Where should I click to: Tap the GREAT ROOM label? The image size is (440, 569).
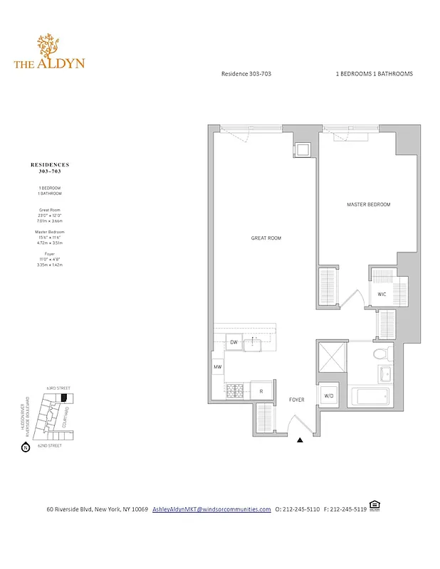pyautogui.click(x=266, y=238)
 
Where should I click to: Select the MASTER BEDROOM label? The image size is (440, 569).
pyautogui.click(x=368, y=205)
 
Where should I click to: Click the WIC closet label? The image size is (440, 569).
pyautogui.click(x=382, y=294)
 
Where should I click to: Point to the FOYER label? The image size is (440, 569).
pyautogui.click(x=297, y=400)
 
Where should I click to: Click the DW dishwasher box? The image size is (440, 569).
pyautogui.click(x=234, y=343)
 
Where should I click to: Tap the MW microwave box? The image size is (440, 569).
pyautogui.click(x=218, y=367)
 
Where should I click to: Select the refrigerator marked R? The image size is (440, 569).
pyautogui.click(x=261, y=390)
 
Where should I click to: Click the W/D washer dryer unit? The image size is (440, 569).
pyautogui.click(x=329, y=395)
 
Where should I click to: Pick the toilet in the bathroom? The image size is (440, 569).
pyautogui.click(x=380, y=353)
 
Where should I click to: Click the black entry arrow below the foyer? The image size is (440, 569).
pyautogui.click(x=300, y=441)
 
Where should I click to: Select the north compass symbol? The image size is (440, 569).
pyautogui.click(x=26, y=448)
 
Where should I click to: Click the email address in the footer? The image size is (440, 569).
pyautogui.click(x=211, y=509)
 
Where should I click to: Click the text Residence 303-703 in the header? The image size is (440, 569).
pyautogui.click(x=246, y=74)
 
